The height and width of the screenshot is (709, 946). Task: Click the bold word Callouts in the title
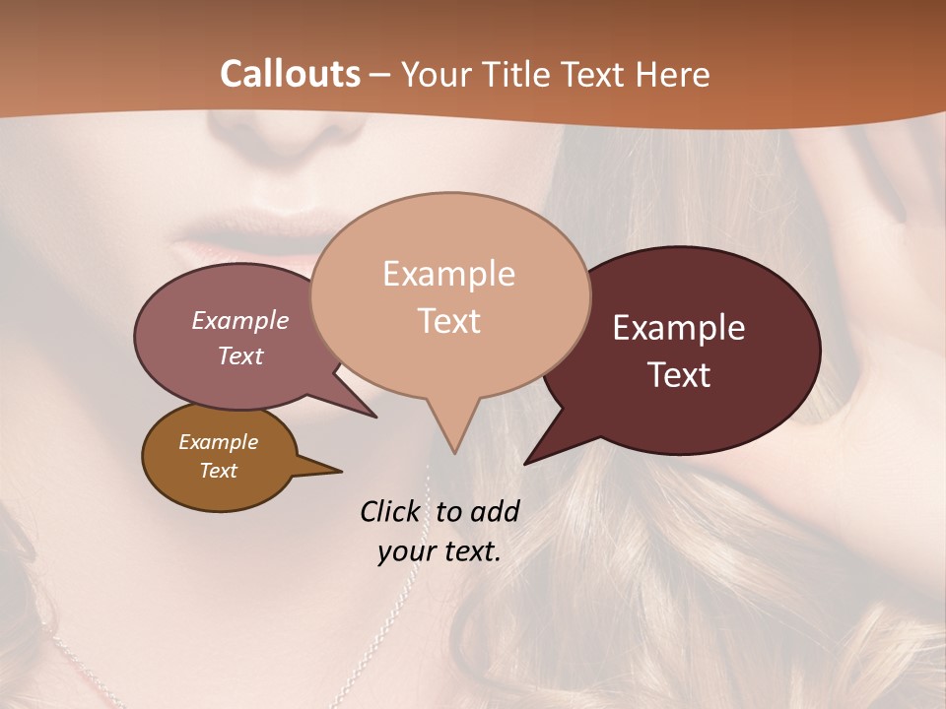point(290,74)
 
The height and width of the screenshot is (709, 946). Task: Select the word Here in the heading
point(674,74)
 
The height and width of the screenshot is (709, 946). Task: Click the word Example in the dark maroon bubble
point(679,328)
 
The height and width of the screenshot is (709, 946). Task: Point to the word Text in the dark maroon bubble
point(679,375)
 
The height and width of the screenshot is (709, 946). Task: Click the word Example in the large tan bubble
point(448,274)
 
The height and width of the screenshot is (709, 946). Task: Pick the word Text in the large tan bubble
point(448,321)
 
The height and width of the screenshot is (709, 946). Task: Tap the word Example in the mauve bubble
point(240,320)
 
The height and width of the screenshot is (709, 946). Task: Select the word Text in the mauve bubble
point(240,355)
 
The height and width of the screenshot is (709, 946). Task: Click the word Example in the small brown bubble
point(219,442)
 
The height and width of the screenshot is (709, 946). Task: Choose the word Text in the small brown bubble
point(219,471)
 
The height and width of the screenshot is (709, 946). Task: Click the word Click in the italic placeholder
point(390,511)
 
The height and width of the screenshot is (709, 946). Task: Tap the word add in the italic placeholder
point(494,511)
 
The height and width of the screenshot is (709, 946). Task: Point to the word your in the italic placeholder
point(405,551)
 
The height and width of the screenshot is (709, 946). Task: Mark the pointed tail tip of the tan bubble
point(453,454)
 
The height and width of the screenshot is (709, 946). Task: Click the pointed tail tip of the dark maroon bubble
point(524,464)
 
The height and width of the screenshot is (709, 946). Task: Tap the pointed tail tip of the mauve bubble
point(376,418)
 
